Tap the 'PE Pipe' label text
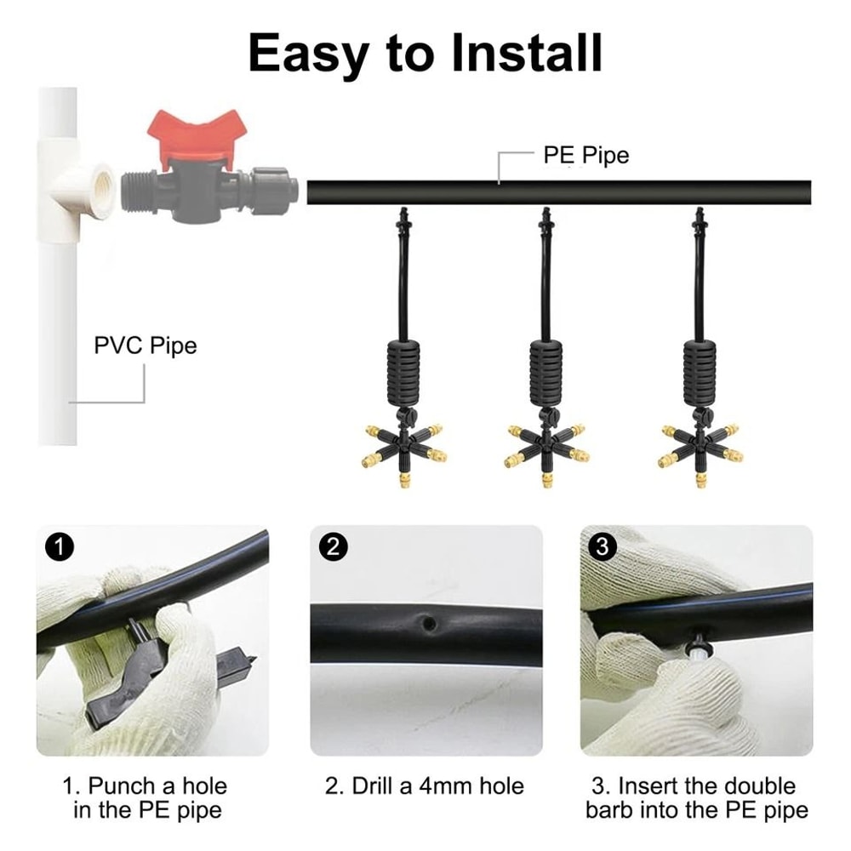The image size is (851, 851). (586, 156)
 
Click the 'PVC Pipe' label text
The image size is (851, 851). (145, 346)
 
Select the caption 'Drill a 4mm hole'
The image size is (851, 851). (425, 785)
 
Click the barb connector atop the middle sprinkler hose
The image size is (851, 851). (544, 218)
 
